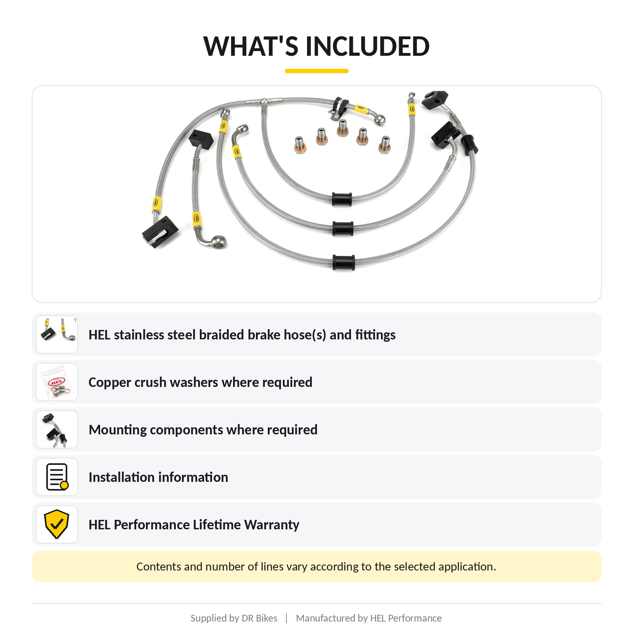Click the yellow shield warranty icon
click(57, 524)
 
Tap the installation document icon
click(57, 477)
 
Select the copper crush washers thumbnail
click(57, 382)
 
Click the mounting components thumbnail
click(57, 430)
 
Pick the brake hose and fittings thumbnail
click(57, 335)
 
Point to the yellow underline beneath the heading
click(316, 71)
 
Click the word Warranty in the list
click(272, 525)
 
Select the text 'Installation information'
click(158, 477)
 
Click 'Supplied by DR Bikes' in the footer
click(234, 618)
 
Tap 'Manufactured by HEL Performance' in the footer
click(369, 618)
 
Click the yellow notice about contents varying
click(316, 567)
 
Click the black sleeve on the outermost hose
click(344, 262)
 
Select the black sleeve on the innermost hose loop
click(342, 199)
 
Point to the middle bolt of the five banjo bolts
click(343, 128)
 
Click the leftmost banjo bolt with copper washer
click(300, 145)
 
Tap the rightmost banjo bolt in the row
click(385, 145)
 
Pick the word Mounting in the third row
click(118, 430)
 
